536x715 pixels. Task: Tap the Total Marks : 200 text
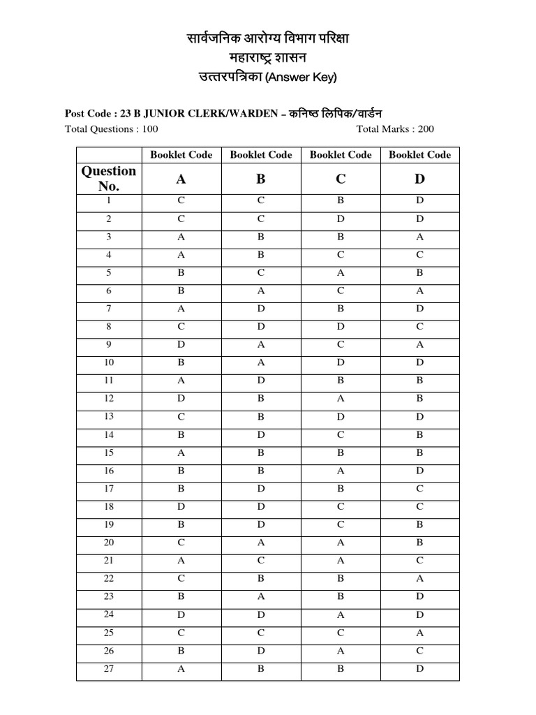(395, 129)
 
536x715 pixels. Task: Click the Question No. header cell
(109, 179)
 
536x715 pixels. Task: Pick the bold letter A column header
(181, 179)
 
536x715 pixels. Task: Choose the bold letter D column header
(419, 179)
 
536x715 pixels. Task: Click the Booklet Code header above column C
(341, 155)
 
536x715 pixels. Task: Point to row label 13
(109, 417)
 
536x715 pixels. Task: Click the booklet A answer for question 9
(181, 345)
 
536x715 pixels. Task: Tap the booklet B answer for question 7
(261, 309)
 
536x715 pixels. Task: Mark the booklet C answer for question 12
(341, 399)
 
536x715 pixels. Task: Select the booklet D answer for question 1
(419, 201)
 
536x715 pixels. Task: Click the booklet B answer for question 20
(261, 543)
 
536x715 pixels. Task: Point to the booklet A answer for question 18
(181, 507)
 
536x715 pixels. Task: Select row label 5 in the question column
(109, 273)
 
